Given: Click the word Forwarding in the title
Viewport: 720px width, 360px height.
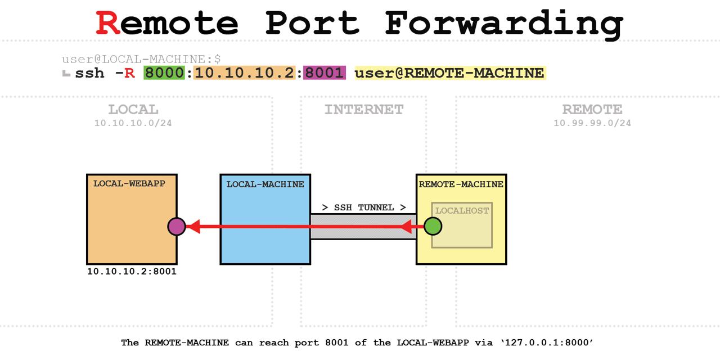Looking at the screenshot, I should [504, 24].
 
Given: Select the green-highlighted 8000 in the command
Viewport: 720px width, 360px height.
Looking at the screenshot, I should [164, 73].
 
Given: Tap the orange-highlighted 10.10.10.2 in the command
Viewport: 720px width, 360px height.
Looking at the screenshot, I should [244, 73].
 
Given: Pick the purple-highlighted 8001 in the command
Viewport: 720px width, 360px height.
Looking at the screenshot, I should [324, 73].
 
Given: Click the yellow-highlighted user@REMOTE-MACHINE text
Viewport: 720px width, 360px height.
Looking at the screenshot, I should [449, 73].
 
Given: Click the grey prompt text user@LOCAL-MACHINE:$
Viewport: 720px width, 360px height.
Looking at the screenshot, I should [141, 58].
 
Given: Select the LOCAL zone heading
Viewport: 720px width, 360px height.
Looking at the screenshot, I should [133, 109].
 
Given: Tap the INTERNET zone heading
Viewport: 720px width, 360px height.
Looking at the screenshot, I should [363, 109].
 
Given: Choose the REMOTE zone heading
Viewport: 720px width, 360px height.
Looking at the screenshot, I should [592, 109].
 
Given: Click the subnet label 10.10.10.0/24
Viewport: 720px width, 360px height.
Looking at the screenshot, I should [133, 123].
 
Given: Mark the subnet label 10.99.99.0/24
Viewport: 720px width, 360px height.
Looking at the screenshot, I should [592, 123].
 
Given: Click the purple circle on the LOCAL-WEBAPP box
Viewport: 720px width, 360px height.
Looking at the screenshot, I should [177, 227].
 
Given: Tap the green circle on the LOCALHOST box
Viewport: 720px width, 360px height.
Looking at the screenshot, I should [433, 227].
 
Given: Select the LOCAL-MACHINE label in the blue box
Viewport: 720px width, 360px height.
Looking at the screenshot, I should [265, 184].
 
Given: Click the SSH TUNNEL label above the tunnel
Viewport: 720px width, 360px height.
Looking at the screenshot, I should [363, 208].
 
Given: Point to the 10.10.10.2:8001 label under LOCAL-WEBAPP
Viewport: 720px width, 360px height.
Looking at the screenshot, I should [132, 272].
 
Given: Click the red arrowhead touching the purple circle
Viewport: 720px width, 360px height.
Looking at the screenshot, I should [193, 227].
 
